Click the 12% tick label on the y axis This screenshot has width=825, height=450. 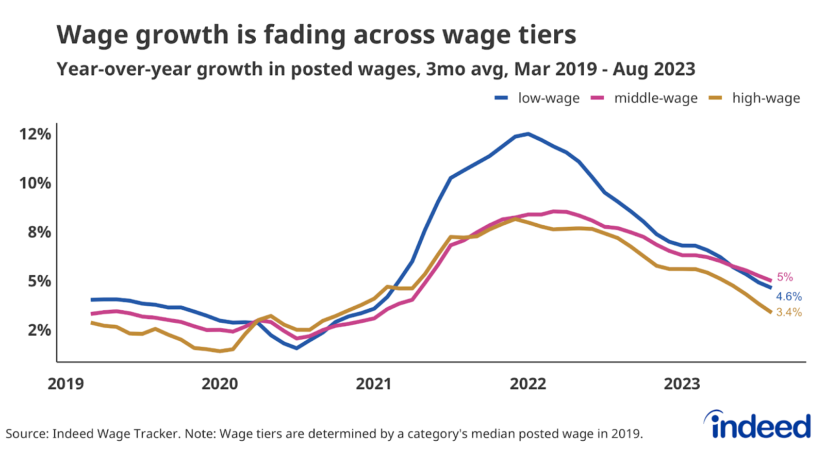(x=35, y=135)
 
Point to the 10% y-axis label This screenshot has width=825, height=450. (x=35, y=184)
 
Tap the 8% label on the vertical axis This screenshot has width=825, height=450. (x=39, y=232)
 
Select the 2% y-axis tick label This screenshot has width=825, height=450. (x=39, y=330)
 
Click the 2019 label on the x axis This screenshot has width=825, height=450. (x=65, y=384)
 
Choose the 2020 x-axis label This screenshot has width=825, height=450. (x=220, y=384)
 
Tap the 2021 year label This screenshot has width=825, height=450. (x=374, y=384)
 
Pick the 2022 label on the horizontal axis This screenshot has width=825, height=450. (x=528, y=384)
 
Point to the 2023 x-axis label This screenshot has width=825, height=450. (x=682, y=384)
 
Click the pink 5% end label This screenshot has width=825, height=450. (x=785, y=277)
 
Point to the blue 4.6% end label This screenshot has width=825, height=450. (x=789, y=296)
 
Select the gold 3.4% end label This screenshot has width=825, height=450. (x=789, y=312)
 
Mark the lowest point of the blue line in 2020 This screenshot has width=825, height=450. (x=296, y=348)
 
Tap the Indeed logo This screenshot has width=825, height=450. (x=758, y=425)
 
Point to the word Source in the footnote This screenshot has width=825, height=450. (x=26, y=434)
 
